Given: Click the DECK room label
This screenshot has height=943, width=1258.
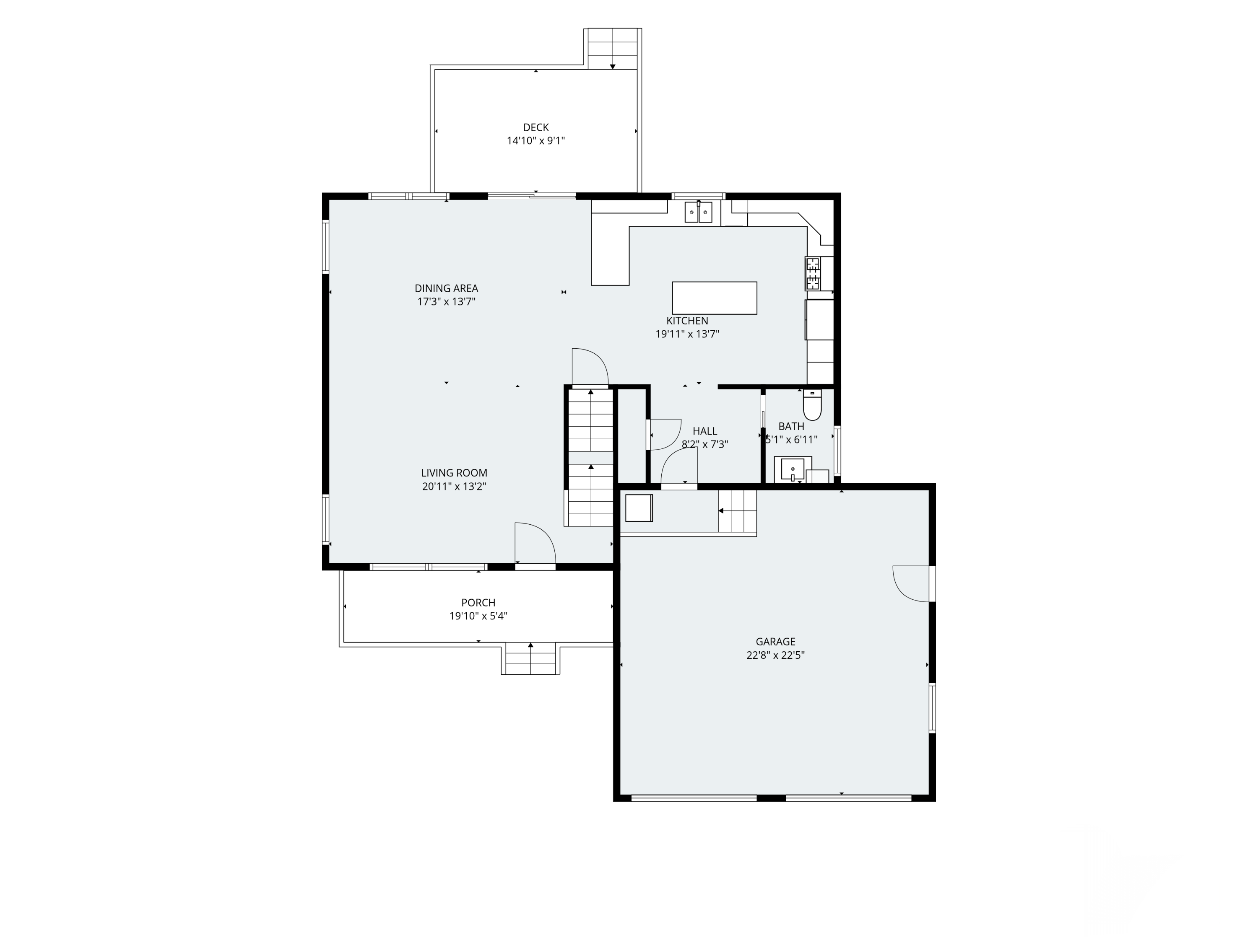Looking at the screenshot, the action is tap(536, 128).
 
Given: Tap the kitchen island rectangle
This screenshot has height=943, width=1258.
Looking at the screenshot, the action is tap(714, 298).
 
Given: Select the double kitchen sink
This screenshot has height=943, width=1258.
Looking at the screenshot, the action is tap(698, 212).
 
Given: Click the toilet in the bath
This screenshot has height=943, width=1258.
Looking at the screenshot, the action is tap(812, 405).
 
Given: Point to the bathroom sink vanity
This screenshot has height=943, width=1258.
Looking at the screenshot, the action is tap(793, 469).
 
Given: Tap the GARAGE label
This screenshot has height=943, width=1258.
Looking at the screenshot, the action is tap(776, 642).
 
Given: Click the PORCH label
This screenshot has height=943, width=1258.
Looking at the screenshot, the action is tap(478, 603).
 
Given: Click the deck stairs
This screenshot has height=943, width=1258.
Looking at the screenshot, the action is tap(613, 49).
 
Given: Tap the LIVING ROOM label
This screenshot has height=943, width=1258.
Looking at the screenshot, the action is tap(454, 473).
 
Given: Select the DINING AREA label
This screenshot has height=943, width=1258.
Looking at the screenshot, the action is tap(447, 288).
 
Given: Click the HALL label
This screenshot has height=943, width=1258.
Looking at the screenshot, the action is tap(704, 431).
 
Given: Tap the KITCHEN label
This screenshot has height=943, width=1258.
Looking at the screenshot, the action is tap(687, 321).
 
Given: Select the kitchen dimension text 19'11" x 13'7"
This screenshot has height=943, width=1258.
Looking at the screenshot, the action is tap(687, 334).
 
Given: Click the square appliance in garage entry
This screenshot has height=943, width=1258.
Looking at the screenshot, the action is tap(639, 508).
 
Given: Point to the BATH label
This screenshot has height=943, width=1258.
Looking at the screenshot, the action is tap(791, 426).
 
